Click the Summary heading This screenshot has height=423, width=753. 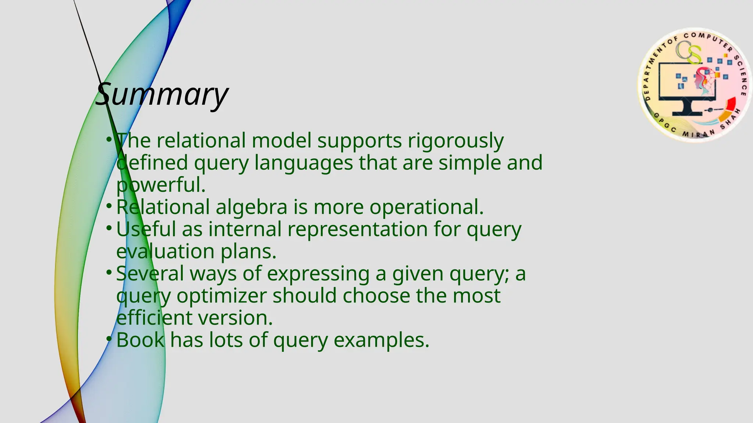click(x=162, y=94)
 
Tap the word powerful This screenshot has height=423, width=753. click(x=161, y=185)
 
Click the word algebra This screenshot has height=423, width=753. click(x=251, y=207)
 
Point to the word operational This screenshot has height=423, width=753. click(x=426, y=207)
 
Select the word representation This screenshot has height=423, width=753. click(x=357, y=229)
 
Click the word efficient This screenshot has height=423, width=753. click(x=154, y=318)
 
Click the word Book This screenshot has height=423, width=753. click(x=140, y=340)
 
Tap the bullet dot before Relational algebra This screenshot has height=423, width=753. click(x=109, y=206)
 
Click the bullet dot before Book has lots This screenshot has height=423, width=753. click(x=109, y=339)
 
